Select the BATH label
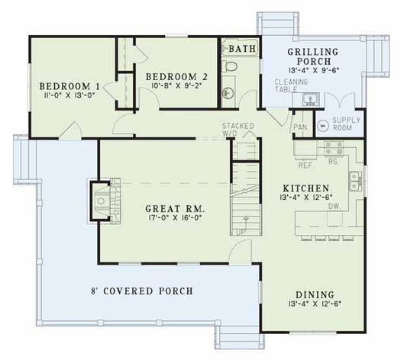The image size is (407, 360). [x=244, y=49]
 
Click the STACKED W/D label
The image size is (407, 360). [x=233, y=129]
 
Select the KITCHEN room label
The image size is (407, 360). [x=305, y=187]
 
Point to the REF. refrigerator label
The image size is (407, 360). [x=305, y=164]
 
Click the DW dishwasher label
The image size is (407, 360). [x=334, y=206]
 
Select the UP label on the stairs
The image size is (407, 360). [x=241, y=230]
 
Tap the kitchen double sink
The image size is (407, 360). [x=356, y=182]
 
